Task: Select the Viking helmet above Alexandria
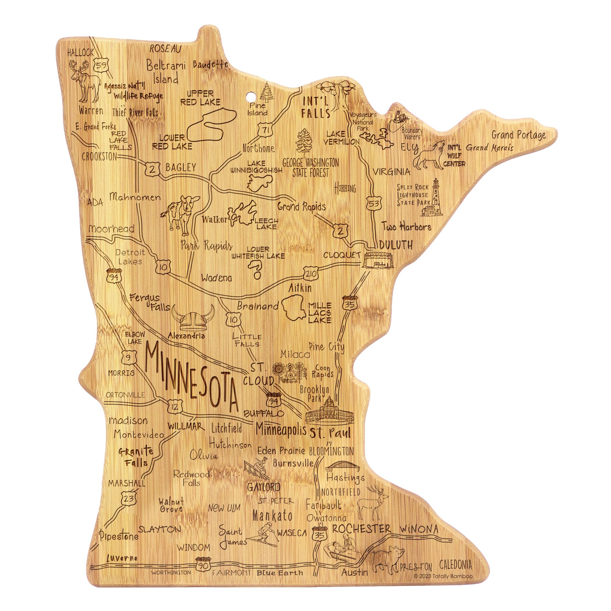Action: pos(193,318)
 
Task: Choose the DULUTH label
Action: pos(396,245)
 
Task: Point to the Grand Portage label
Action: pos(519,135)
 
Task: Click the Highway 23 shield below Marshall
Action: pos(129,498)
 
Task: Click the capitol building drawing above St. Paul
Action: pos(329,411)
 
